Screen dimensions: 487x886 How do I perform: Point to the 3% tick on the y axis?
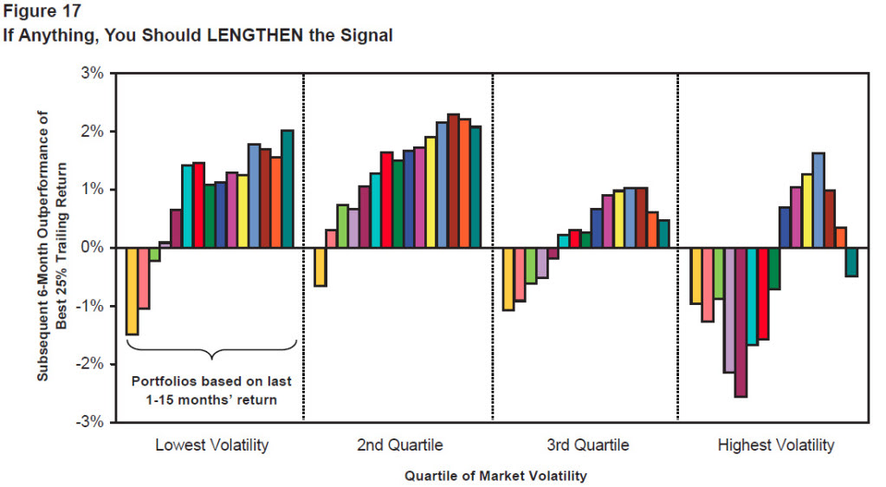coord(91,74)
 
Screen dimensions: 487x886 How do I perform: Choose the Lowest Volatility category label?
coord(211,445)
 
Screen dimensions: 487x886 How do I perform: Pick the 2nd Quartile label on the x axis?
coord(399,445)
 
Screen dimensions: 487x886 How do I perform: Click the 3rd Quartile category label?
coord(587,445)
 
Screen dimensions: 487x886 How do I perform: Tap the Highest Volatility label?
coord(776,445)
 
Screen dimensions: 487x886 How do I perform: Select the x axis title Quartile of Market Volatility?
coord(495,476)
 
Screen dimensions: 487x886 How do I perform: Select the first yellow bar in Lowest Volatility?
coord(132,290)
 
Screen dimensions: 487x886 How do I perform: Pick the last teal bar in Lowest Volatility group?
coord(288,189)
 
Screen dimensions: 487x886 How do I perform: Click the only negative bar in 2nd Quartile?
coord(320,266)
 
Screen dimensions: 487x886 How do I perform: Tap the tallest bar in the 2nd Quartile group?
coord(453,181)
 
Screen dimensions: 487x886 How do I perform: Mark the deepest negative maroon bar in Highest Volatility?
coord(740,322)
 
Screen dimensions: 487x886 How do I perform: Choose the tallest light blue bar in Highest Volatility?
coord(818,200)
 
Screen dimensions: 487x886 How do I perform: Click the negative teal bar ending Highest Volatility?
coord(851,262)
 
